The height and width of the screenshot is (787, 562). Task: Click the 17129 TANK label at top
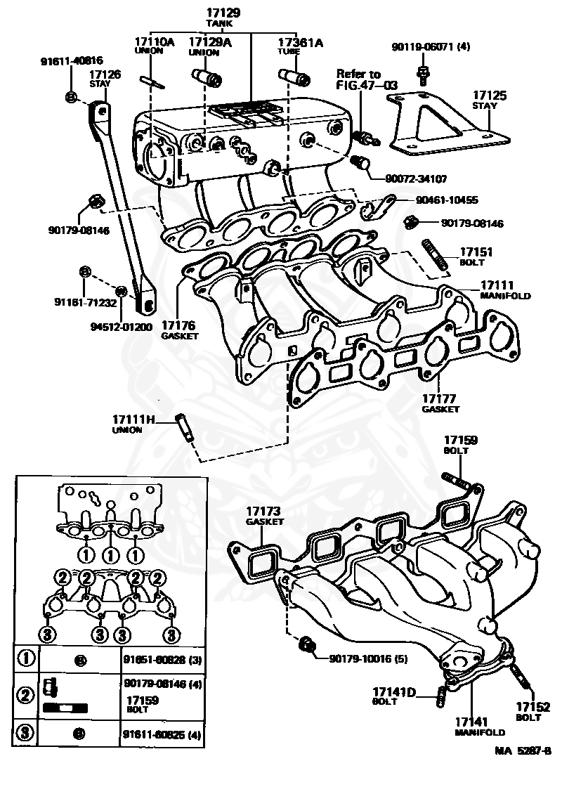pyautogui.click(x=223, y=18)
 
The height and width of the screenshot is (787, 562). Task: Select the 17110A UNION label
pyautogui.click(x=154, y=46)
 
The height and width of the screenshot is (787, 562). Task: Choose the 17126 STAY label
pyautogui.click(x=104, y=78)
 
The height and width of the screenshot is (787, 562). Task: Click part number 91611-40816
pyautogui.click(x=71, y=60)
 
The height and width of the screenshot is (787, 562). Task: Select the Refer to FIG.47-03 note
pyautogui.click(x=367, y=79)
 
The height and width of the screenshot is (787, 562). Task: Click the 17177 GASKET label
pyautogui.click(x=440, y=403)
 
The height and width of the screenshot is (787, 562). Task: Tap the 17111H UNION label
pyautogui.click(x=133, y=424)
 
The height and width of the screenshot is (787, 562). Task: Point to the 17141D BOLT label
pyautogui.click(x=394, y=695)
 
